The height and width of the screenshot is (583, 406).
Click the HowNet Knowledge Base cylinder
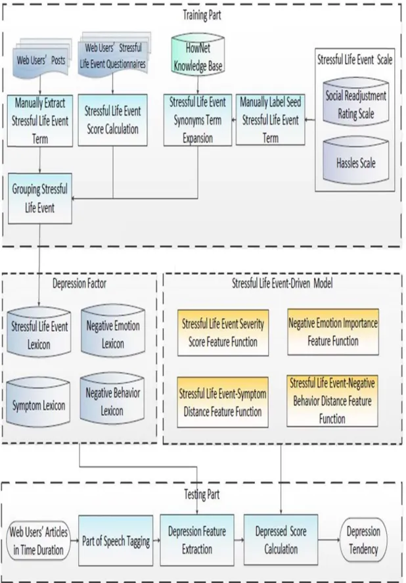pyautogui.click(x=198, y=55)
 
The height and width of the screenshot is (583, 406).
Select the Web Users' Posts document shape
pyautogui.click(x=41, y=60)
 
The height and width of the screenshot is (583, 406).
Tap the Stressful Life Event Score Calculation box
pyautogui.click(x=112, y=120)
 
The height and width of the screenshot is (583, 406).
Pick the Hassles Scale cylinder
pyautogui.click(x=356, y=160)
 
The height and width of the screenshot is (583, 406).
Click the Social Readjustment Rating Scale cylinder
pyautogui.click(x=356, y=103)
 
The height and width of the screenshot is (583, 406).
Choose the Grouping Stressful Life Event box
pyautogui.click(x=40, y=198)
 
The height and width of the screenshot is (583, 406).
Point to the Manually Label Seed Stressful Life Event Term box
pyautogui.click(x=270, y=120)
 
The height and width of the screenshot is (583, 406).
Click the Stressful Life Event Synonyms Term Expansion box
pyautogui.click(x=198, y=120)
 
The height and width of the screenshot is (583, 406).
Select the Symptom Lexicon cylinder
pyautogui.click(x=38, y=402)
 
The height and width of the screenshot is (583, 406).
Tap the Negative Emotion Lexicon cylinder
pyautogui.click(x=113, y=331)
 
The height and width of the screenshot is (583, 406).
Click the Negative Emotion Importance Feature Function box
pyautogui.click(x=333, y=332)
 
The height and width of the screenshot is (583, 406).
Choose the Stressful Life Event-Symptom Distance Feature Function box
pyautogui.click(x=223, y=402)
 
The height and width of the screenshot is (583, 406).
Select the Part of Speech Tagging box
pyautogui.click(x=116, y=540)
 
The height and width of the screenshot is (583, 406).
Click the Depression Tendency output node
pyautogui.click(x=363, y=540)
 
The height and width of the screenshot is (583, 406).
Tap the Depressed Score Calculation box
pyautogui.click(x=281, y=540)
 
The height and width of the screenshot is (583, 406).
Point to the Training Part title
pyautogui.click(x=202, y=15)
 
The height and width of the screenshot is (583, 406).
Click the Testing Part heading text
pyautogui.click(x=202, y=494)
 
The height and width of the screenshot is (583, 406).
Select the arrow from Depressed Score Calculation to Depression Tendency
pyautogui.click(x=328, y=540)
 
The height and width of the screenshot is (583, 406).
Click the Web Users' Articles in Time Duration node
pyautogui.click(x=38, y=541)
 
